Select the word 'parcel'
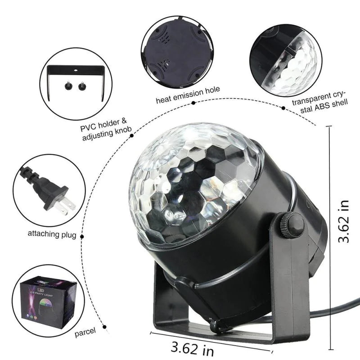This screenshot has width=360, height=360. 85,332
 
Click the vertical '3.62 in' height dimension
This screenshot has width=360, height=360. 344,222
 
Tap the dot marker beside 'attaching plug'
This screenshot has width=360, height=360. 82,234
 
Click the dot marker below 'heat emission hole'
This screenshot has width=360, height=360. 193,103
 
